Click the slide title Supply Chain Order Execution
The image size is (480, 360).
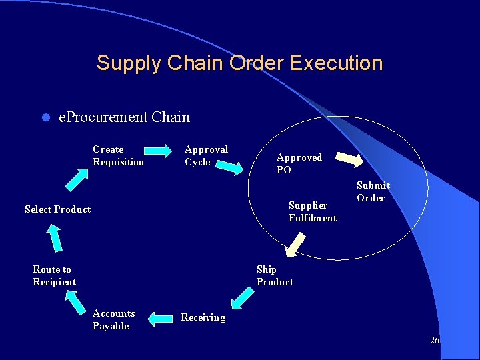pos(239,63)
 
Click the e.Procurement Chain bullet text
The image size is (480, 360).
pos(124,117)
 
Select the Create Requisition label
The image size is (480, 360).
pos(118,155)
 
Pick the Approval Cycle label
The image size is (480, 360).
pos(206,155)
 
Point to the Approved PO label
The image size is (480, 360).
pos(299,163)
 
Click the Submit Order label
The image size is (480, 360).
pos(373,191)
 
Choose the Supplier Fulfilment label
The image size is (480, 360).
pos(312,211)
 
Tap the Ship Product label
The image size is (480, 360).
pos(275,275)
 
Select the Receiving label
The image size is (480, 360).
pos(203,317)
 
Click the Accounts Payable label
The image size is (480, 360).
pos(113,319)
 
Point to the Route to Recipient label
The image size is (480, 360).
pos(54,275)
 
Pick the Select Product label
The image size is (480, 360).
pos(57,209)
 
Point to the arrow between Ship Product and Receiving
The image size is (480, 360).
pos(241,297)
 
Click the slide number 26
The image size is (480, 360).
pos(434,340)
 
